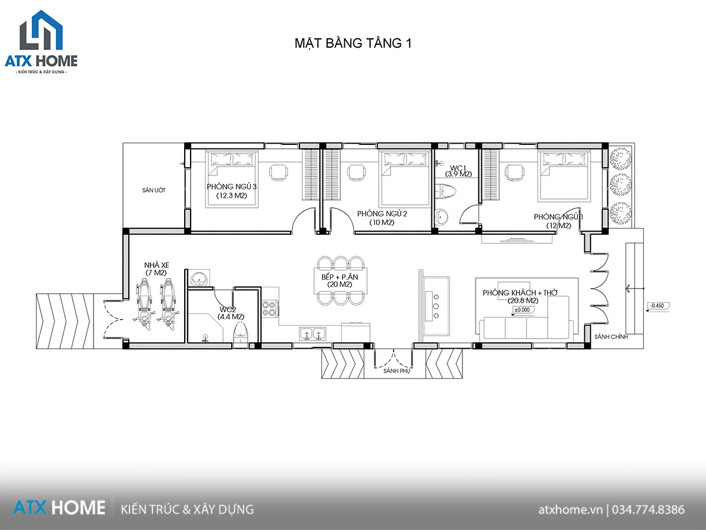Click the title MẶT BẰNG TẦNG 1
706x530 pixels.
pyautogui.click(x=353, y=44)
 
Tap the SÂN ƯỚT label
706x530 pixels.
pyautogui.click(x=154, y=190)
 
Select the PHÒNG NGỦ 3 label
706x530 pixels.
pyautogui.click(x=232, y=187)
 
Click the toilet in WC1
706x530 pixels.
pyautogui.click(x=446, y=191)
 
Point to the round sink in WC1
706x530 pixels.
pyautogui.click(x=441, y=217)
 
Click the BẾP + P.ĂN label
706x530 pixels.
pyautogui.click(x=339, y=277)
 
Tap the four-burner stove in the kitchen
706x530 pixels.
pyautogui.click(x=269, y=308)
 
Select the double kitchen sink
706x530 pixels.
pyautogui.click(x=312, y=334)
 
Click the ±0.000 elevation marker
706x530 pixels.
pyautogui.click(x=523, y=310)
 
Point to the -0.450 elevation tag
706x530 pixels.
pyautogui.click(x=657, y=306)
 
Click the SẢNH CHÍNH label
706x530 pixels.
pyautogui.click(x=611, y=337)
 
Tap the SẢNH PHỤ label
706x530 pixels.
pyautogui.click(x=397, y=371)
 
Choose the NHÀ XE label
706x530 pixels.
pyautogui.click(x=156, y=265)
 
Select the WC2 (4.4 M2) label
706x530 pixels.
pyautogui.click(x=231, y=313)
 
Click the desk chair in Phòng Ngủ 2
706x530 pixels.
pyautogui.click(x=356, y=173)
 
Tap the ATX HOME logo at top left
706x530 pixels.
pyautogui.click(x=41, y=42)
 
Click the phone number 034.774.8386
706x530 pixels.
pyautogui.click(x=648, y=510)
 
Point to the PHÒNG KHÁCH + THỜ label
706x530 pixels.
pyautogui.click(x=520, y=293)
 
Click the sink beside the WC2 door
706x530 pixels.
pyautogui.click(x=199, y=278)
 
